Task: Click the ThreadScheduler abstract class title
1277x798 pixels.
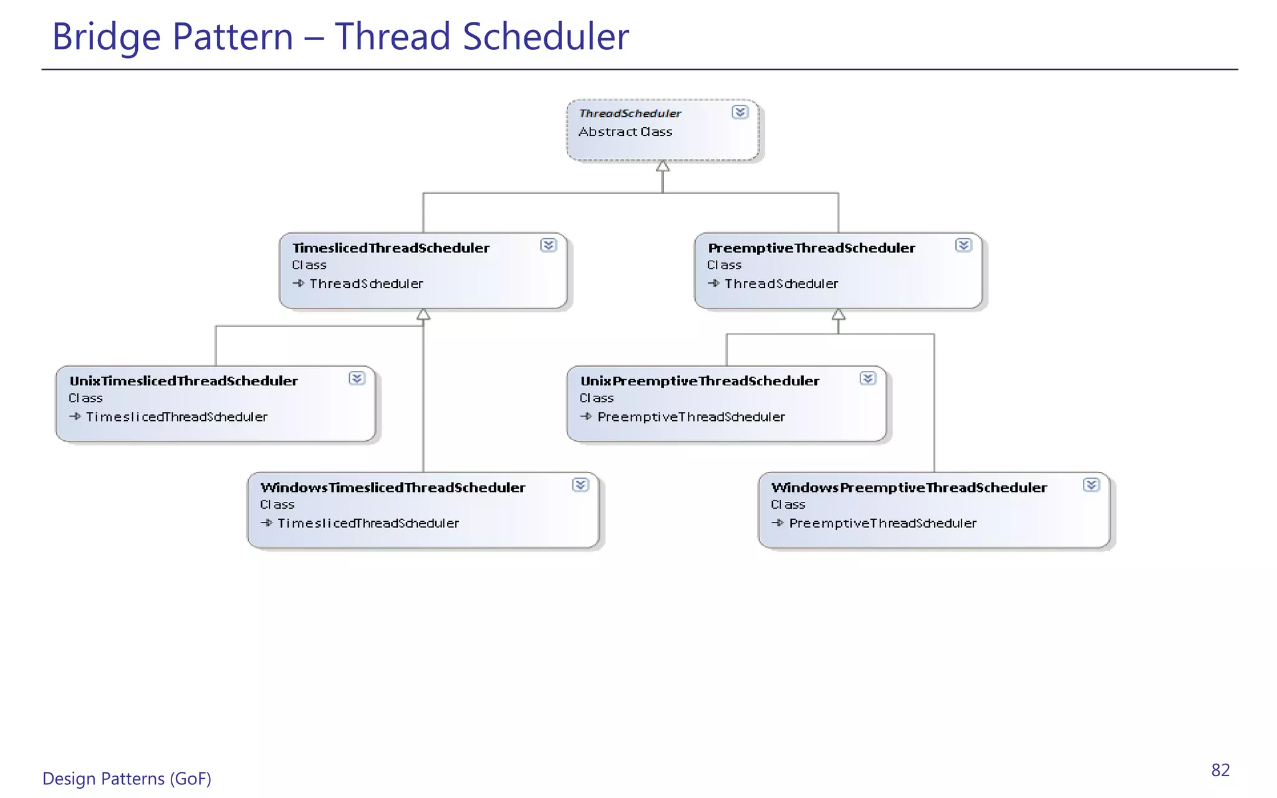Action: (x=630, y=113)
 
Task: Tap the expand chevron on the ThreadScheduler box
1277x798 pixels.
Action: (x=740, y=112)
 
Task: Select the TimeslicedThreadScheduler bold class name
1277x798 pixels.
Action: (x=391, y=248)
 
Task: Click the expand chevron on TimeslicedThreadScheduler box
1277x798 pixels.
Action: (x=548, y=245)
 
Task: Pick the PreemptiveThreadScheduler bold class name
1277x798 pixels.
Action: (x=811, y=248)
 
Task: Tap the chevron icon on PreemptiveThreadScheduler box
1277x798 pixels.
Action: (x=963, y=245)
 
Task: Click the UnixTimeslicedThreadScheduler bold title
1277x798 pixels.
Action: (x=183, y=381)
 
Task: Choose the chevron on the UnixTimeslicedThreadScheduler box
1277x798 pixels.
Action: (x=357, y=378)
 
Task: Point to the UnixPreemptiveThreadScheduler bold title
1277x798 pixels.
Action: (x=700, y=381)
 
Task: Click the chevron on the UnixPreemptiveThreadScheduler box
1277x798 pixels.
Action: (x=867, y=378)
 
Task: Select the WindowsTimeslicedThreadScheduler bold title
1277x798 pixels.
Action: (x=393, y=488)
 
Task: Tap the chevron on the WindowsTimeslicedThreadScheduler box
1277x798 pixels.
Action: (x=580, y=485)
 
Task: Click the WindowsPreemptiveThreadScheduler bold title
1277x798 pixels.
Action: (x=909, y=488)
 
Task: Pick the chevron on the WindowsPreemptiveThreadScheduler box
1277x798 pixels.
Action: (x=1091, y=485)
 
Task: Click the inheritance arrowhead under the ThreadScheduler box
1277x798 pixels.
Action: (x=663, y=166)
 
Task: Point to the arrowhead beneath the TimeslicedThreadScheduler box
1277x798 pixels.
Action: (x=423, y=314)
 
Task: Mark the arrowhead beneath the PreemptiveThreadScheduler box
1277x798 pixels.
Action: (x=839, y=314)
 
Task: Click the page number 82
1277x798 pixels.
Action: (x=1220, y=771)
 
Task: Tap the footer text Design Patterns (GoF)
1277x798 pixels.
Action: (x=127, y=779)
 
